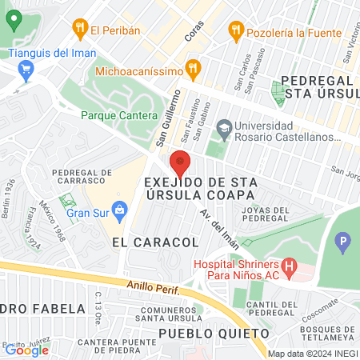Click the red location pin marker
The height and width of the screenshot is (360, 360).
click(180, 163)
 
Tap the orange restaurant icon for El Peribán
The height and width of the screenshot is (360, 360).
click(79, 30)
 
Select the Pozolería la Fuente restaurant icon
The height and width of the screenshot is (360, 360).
click(234, 30)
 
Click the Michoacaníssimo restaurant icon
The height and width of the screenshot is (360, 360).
click(191, 66)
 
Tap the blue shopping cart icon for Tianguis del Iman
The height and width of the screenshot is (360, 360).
click(26, 70)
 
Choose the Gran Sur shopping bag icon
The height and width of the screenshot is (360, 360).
click(120, 212)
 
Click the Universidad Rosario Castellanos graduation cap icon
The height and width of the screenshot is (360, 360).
click(225, 126)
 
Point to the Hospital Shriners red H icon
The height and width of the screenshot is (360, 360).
click(290, 265)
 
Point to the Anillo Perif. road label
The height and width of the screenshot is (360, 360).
click(161, 286)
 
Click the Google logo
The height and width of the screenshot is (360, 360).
click(26, 350)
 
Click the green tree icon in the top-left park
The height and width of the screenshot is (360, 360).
click(13, 21)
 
